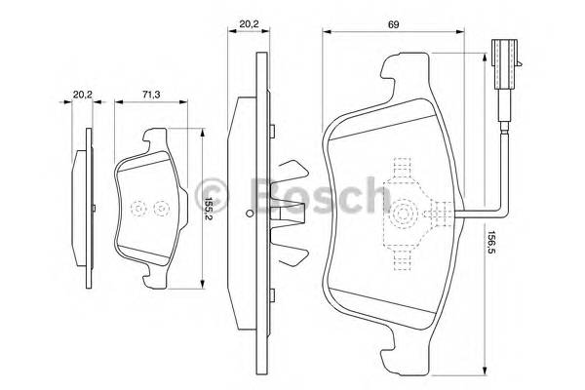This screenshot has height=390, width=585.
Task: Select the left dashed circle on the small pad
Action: [x=137, y=209]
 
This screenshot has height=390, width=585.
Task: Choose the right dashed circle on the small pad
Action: [x=162, y=209]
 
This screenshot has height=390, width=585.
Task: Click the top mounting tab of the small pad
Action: [x=154, y=138]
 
